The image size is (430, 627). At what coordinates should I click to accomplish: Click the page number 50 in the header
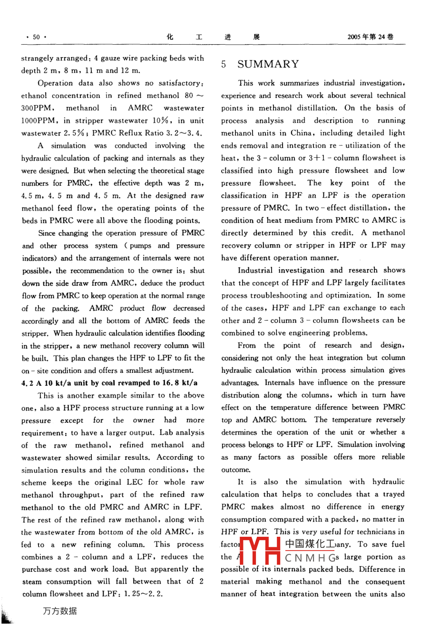[37, 37]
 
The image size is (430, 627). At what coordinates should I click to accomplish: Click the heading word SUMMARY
[268, 64]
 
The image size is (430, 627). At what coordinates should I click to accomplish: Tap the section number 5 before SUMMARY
[224, 65]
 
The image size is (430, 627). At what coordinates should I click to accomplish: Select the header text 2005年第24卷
[370, 37]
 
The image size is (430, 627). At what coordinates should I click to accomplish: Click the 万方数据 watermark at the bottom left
[59, 611]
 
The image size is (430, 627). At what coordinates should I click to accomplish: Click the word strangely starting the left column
[38, 58]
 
